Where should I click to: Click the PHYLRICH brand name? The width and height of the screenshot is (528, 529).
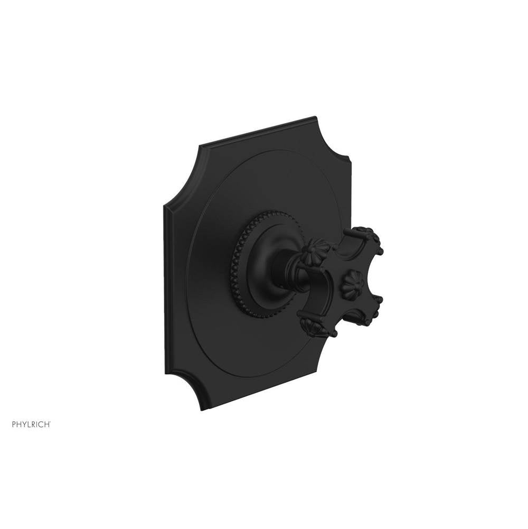(31, 424)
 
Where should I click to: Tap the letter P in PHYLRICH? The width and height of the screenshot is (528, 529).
(14, 424)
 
